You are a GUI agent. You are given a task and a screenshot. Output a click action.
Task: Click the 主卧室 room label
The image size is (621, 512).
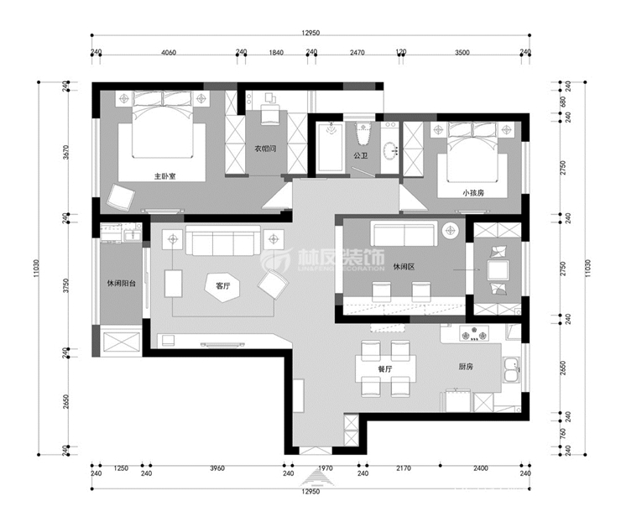164,176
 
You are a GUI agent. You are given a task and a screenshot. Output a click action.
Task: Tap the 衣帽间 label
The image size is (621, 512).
266,149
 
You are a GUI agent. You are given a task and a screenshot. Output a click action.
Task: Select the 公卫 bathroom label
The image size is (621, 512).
361,155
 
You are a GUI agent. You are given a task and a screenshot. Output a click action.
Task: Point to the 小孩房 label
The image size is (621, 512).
473,192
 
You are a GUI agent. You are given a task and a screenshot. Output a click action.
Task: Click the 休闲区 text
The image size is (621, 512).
404,267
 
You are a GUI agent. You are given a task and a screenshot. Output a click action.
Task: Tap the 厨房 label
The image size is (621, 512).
468,366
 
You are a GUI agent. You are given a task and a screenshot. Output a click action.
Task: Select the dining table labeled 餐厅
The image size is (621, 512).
386,367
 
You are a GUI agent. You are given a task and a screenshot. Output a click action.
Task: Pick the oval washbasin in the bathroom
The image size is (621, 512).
390,152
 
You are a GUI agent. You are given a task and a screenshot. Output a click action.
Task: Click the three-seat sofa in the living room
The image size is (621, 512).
222,243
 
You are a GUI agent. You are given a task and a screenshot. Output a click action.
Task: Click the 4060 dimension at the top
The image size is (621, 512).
167,52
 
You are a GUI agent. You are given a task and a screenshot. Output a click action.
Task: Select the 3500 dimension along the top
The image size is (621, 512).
461,52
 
